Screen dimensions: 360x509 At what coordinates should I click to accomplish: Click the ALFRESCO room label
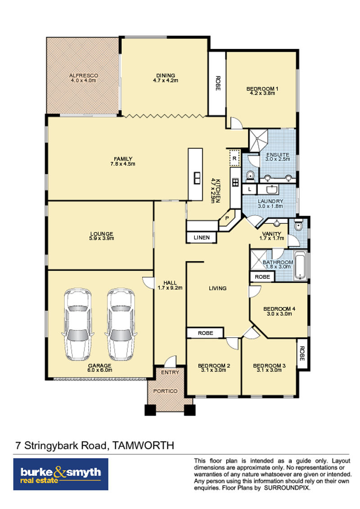(84, 75)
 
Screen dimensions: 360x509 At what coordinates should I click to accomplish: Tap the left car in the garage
(78, 324)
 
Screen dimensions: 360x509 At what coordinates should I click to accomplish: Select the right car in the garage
(121, 324)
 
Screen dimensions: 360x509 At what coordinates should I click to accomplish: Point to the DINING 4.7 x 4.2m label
(166, 78)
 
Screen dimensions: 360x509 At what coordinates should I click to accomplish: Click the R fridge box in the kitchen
(234, 158)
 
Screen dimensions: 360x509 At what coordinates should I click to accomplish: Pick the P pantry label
(227, 218)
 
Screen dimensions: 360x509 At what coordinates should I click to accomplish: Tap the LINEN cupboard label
(202, 237)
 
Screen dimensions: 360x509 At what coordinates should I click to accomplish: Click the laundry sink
(271, 189)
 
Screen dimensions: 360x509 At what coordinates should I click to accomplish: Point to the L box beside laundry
(250, 189)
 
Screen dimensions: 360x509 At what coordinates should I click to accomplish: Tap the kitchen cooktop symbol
(235, 182)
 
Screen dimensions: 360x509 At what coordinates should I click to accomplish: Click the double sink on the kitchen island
(197, 178)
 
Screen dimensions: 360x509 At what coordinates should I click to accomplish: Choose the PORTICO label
(166, 391)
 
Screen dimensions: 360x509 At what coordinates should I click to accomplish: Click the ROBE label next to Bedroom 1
(218, 83)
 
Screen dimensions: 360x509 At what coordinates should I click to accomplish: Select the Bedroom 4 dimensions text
(279, 314)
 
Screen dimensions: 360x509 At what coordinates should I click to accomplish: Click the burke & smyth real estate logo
(61, 474)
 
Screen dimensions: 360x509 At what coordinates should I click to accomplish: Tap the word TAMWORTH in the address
(143, 445)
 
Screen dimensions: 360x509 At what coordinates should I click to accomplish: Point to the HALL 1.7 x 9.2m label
(170, 286)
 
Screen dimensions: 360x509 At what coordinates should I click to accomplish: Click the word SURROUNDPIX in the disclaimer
(287, 488)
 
